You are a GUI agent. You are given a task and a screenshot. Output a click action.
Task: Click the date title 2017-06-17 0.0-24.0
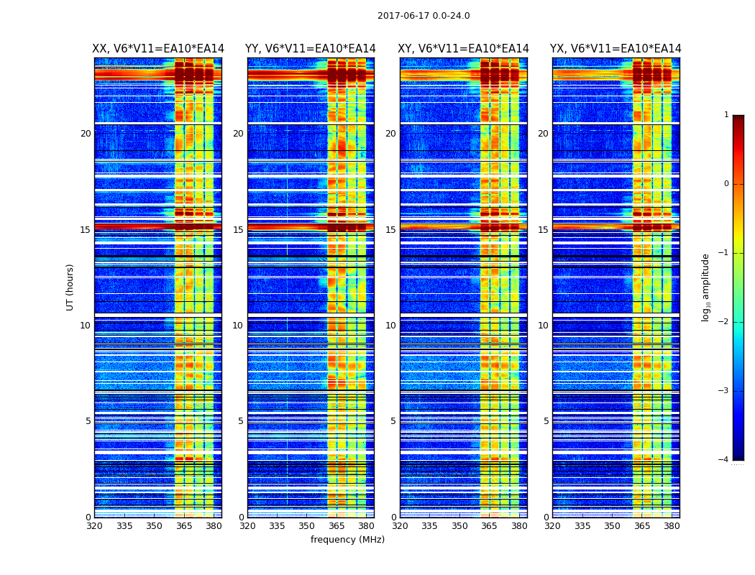(x=424, y=16)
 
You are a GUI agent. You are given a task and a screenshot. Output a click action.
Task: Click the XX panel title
(x=158, y=49)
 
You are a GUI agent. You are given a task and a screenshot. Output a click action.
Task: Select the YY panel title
(x=311, y=49)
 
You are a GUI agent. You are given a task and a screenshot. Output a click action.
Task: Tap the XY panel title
(x=464, y=49)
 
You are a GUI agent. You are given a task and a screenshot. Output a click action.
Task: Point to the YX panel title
(x=616, y=49)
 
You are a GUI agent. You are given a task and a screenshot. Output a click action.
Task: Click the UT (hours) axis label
(x=70, y=287)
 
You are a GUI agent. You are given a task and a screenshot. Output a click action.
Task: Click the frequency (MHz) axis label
(x=347, y=540)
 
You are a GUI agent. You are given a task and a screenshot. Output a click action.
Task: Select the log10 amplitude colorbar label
(x=706, y=287)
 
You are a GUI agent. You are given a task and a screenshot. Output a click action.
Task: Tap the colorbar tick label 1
(x=726, y=115)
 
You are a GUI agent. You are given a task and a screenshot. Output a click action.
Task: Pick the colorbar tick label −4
(x=724, y=460)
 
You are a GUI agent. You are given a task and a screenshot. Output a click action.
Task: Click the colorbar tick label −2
(x=724, y=322)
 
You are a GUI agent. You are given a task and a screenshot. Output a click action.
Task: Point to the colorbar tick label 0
(x=726, y=184)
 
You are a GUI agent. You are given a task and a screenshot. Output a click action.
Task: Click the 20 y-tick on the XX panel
(x=86, y=134)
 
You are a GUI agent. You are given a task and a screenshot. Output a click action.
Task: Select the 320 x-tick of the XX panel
(x=94, y=526)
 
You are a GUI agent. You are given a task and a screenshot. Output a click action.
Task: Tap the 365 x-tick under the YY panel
(x=337, y=526)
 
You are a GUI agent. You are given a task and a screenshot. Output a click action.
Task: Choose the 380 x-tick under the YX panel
(x=672, y=526)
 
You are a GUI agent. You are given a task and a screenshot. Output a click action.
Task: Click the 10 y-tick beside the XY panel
(x=390, y=326)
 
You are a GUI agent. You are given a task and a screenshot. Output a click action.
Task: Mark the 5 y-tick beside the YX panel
(x=546, y=421)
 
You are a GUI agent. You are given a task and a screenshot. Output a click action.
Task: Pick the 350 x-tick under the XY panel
(x=459, y=526)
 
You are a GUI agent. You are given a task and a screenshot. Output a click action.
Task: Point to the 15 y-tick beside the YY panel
(x=238, y=230)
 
